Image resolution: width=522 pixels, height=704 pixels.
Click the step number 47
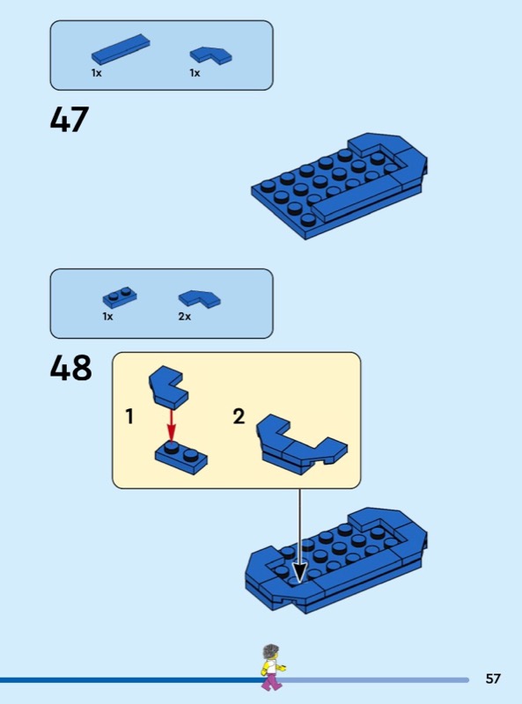70,120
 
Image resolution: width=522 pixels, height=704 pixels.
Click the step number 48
70,367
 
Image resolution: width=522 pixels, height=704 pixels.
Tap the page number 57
493,678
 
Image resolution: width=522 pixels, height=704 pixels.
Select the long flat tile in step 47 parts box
121,49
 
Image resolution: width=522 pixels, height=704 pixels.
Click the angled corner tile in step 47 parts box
210,55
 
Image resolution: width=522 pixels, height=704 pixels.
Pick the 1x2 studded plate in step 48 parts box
120,297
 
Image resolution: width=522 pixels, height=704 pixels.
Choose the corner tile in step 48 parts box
200,298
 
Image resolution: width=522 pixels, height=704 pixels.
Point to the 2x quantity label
185,317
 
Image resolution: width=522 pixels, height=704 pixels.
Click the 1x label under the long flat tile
97,73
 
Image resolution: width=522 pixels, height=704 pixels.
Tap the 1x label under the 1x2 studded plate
107,317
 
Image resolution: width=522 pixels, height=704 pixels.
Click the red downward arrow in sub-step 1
171,425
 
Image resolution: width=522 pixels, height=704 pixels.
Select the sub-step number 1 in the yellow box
129,416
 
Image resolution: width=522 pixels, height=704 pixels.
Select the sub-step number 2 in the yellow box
239,416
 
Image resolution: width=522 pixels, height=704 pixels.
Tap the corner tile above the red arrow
168,387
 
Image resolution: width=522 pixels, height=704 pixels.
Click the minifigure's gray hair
270,651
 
